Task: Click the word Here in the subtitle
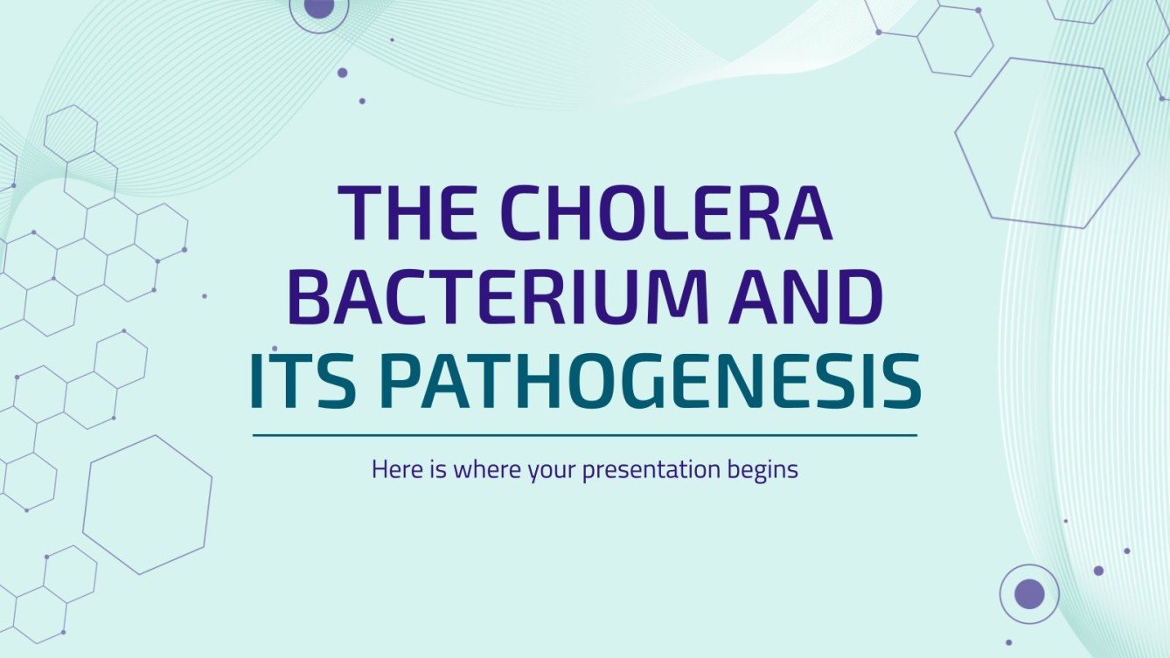click(x=393, y=469)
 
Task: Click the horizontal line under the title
click(x=584, y=434)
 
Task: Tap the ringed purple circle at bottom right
click(x=1029, y=593)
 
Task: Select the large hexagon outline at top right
click(x=1047, y=143)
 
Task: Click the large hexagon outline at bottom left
click(x=148, y=505)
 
